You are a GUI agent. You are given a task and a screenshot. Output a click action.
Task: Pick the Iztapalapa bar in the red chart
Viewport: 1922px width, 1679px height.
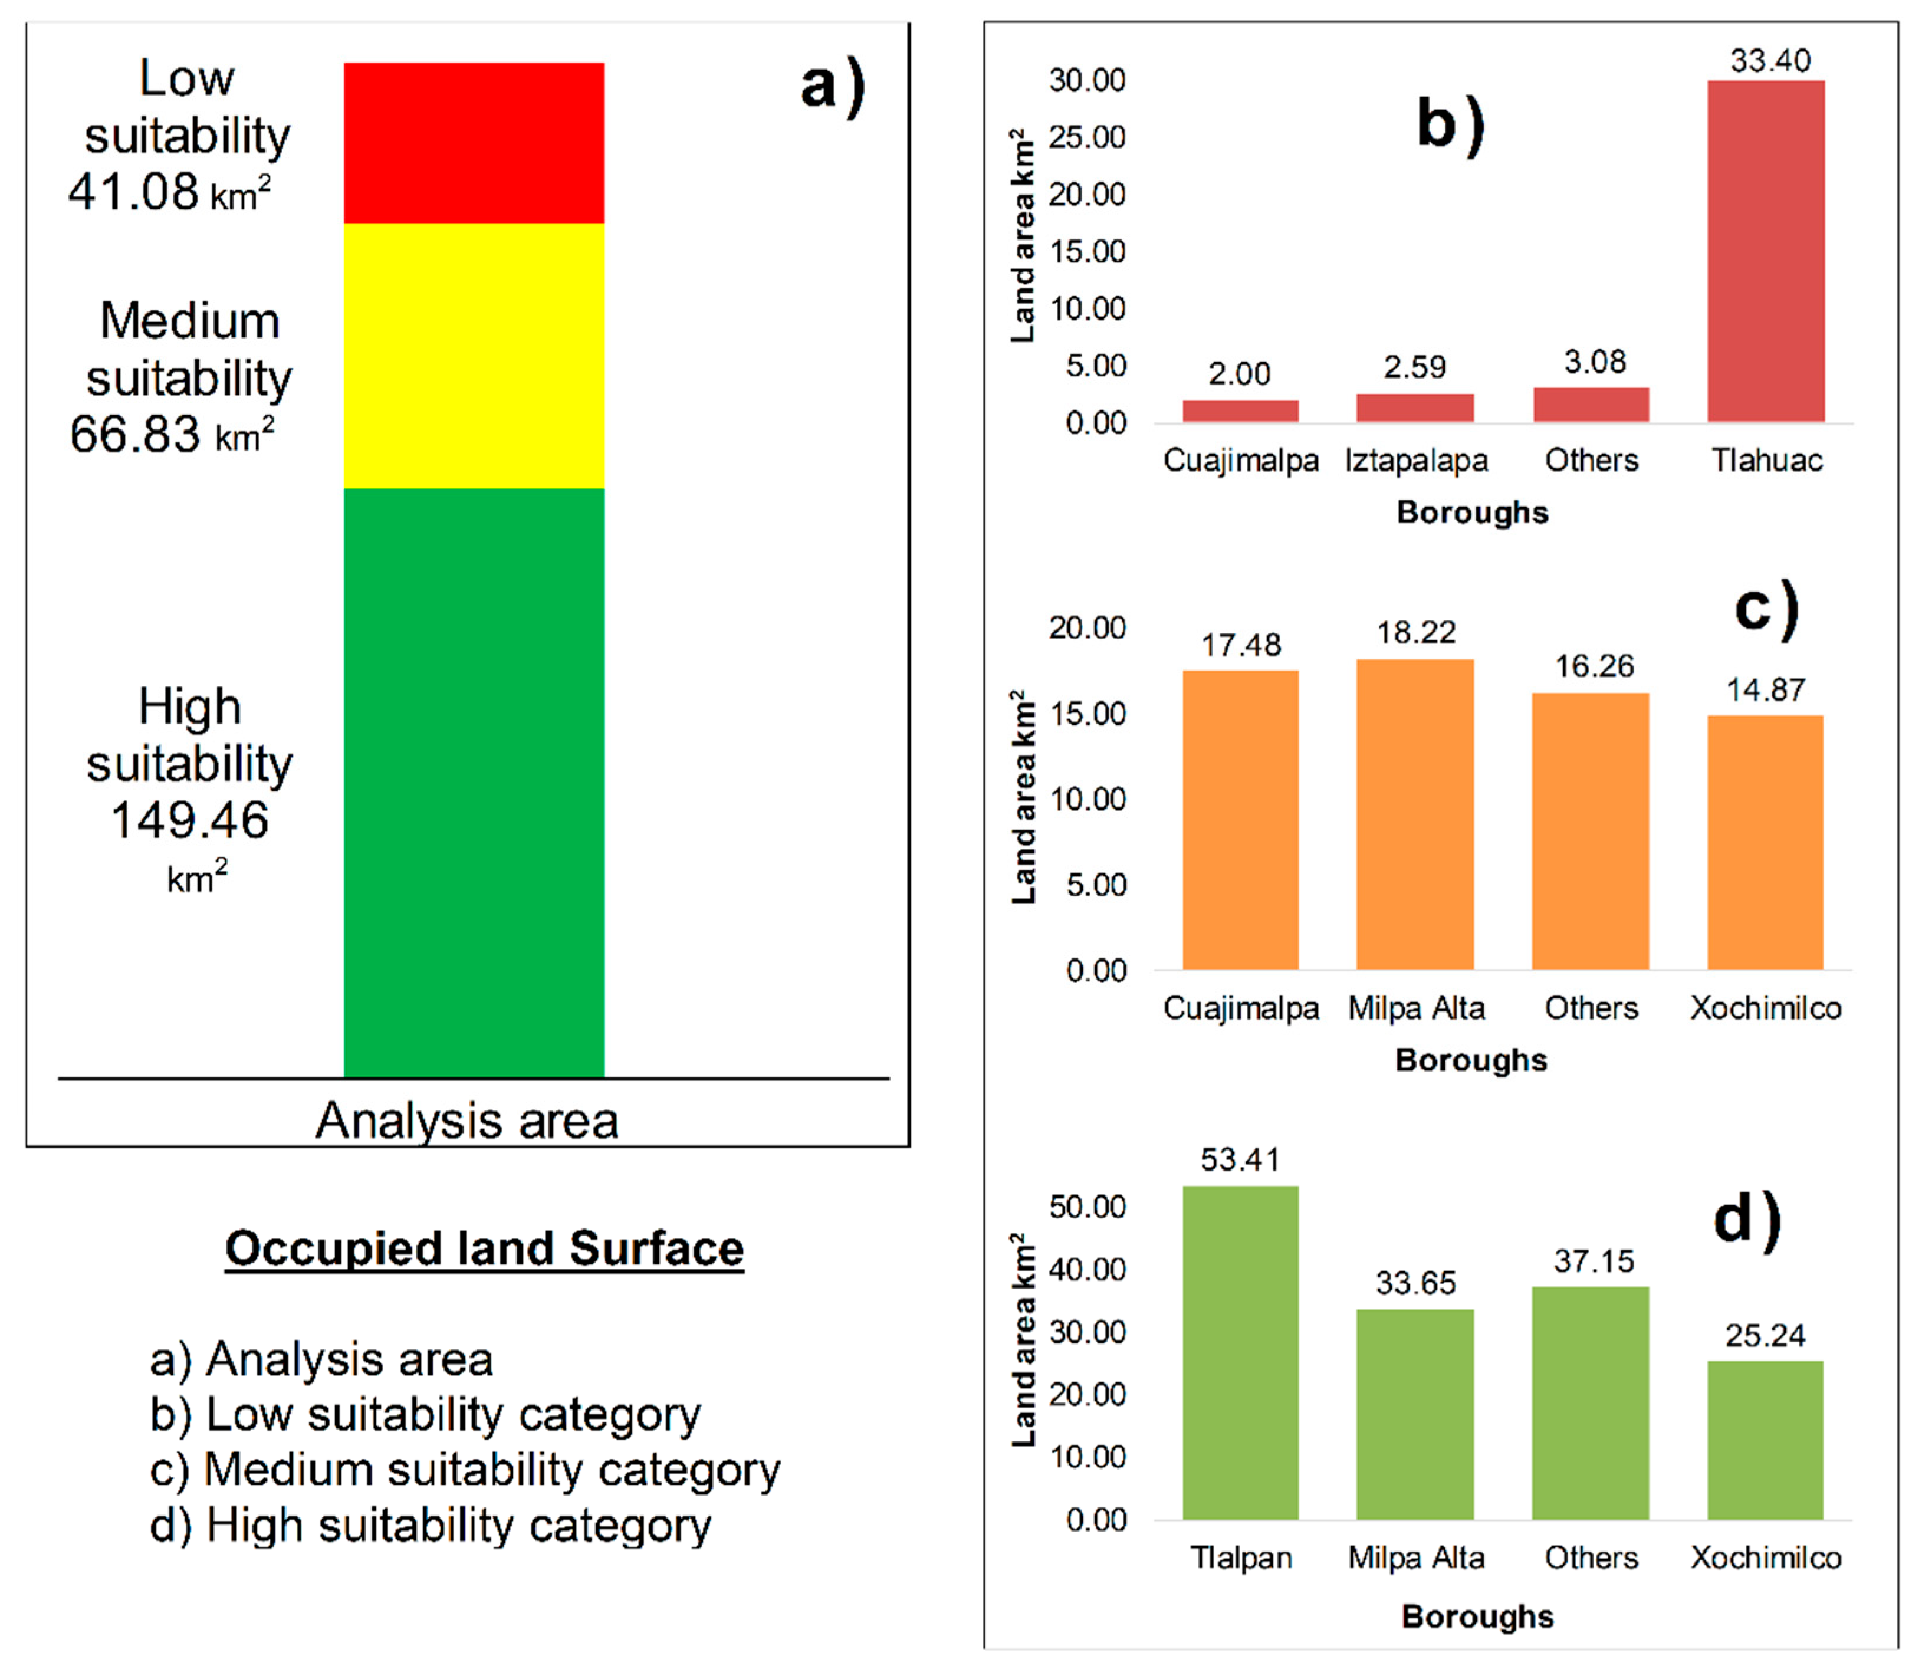pos(1414,408)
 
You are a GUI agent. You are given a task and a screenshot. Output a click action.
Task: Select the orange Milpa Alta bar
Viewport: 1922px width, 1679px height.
pos(1414,814)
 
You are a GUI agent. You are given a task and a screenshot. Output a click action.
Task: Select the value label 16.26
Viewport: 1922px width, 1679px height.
pos(1593,666)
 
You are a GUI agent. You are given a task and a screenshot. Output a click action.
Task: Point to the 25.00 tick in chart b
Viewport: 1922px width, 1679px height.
pos(1087,138)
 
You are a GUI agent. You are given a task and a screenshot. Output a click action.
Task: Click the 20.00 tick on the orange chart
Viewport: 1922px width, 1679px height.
pos(1087,627)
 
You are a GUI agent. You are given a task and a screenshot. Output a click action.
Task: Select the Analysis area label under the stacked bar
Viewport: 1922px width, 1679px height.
pos(466,1121)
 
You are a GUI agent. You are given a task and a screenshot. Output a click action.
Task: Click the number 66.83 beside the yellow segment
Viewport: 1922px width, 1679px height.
pos(135,435)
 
